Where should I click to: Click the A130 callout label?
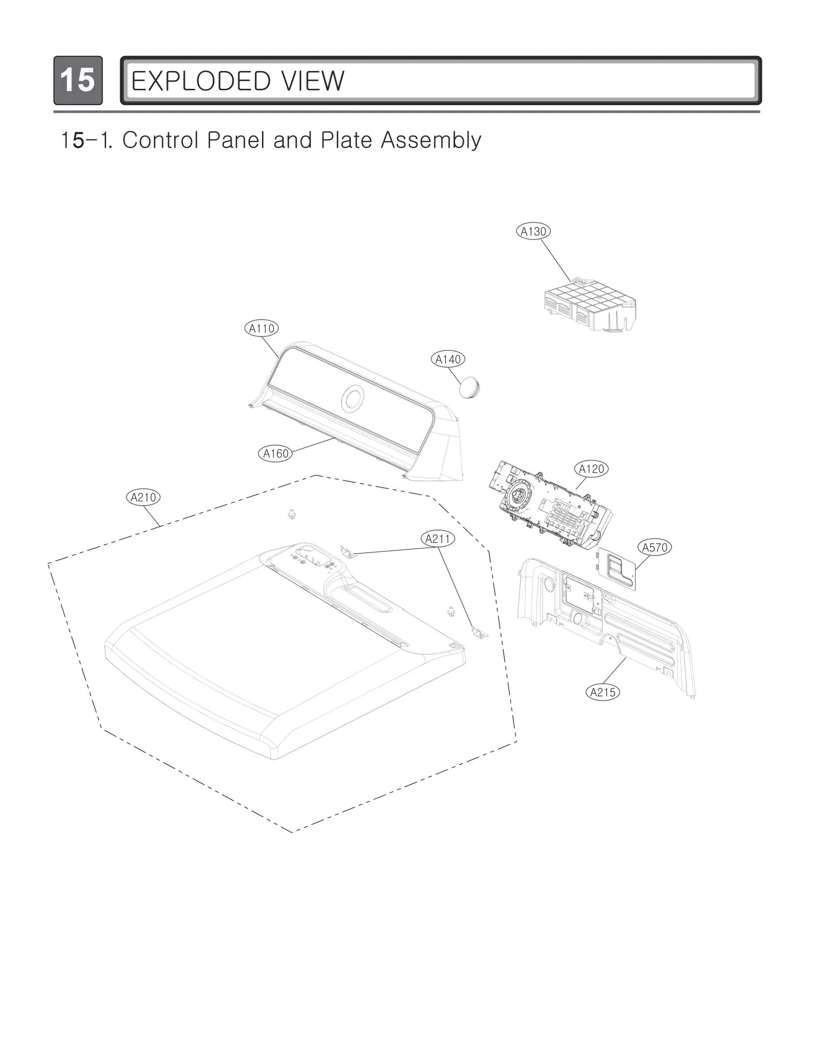click(533, 231)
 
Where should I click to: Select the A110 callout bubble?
click(261, 328)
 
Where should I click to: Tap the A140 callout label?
click(448, 359)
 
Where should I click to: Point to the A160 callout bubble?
click(276, 453)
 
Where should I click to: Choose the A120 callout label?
click(591, 469)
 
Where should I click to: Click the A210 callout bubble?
click(143, 497)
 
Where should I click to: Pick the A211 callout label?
click(438, 539)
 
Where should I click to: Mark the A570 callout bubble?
click(655, 548)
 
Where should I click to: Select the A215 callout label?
click(603, 692)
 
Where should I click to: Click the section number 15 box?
click(78, 80)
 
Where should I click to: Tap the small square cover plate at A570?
click(617, 568)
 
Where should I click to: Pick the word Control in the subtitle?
click(161, 140)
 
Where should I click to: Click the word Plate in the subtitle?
click(346, 140)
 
